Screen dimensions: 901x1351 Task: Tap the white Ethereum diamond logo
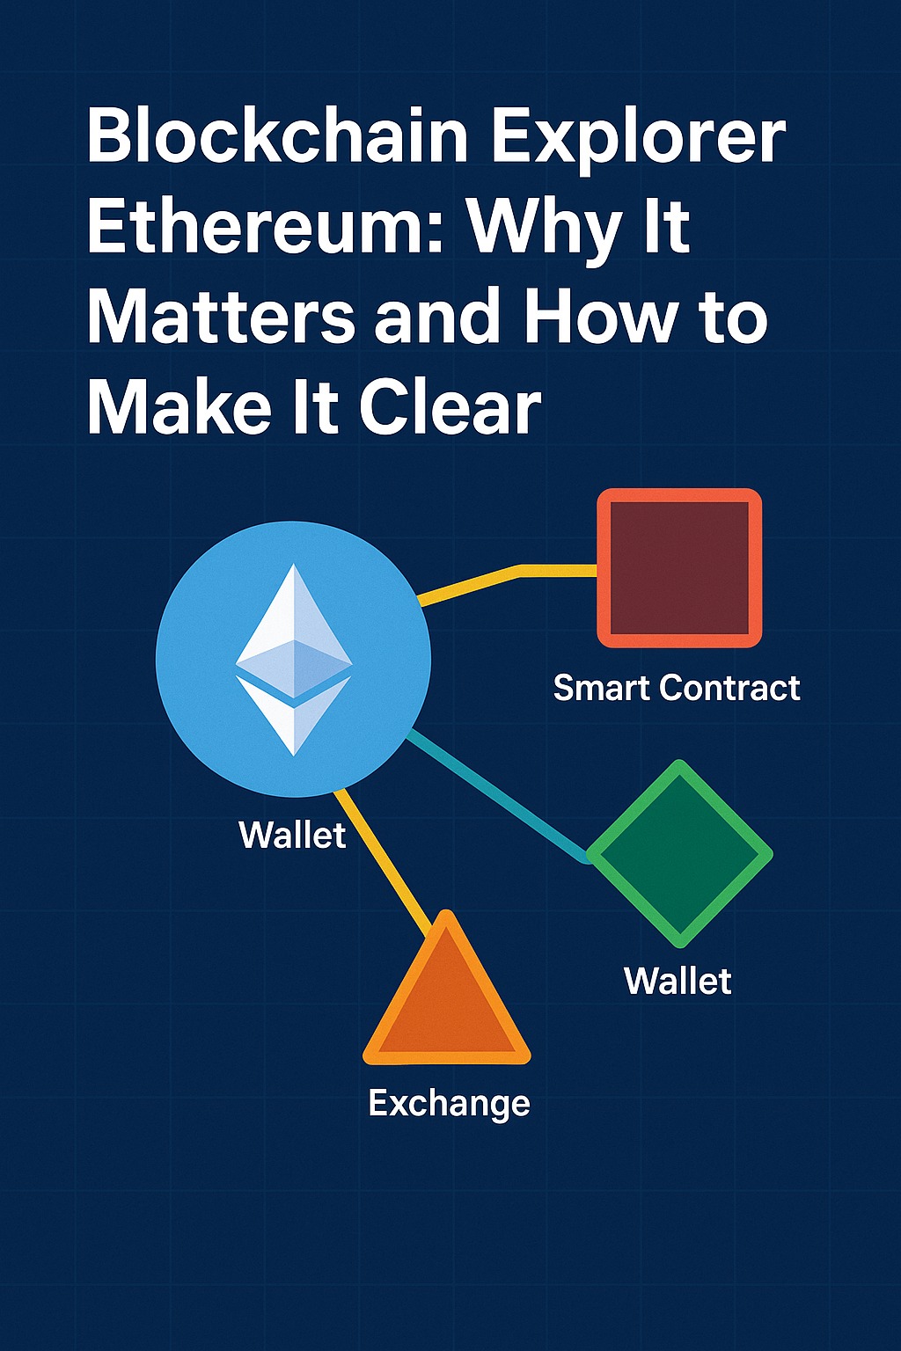294,659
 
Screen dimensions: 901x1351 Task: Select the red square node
679,568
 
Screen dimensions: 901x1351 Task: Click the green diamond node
679,853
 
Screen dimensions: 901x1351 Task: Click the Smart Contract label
677,688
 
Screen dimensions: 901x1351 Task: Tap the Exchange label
449,1105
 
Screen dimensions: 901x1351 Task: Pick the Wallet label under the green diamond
678,982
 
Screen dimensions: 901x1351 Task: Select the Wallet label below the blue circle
293,836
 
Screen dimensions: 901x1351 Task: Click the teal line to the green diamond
498,795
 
